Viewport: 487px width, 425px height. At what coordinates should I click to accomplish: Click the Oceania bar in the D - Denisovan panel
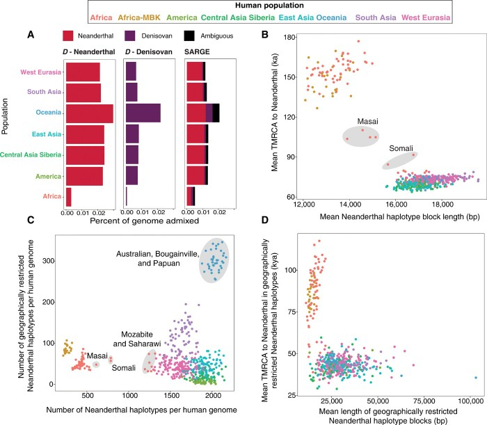click(143, 113)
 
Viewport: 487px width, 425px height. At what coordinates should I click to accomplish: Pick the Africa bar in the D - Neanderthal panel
click(68, 196)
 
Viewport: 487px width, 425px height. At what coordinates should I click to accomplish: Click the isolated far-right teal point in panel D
click(476, 378)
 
